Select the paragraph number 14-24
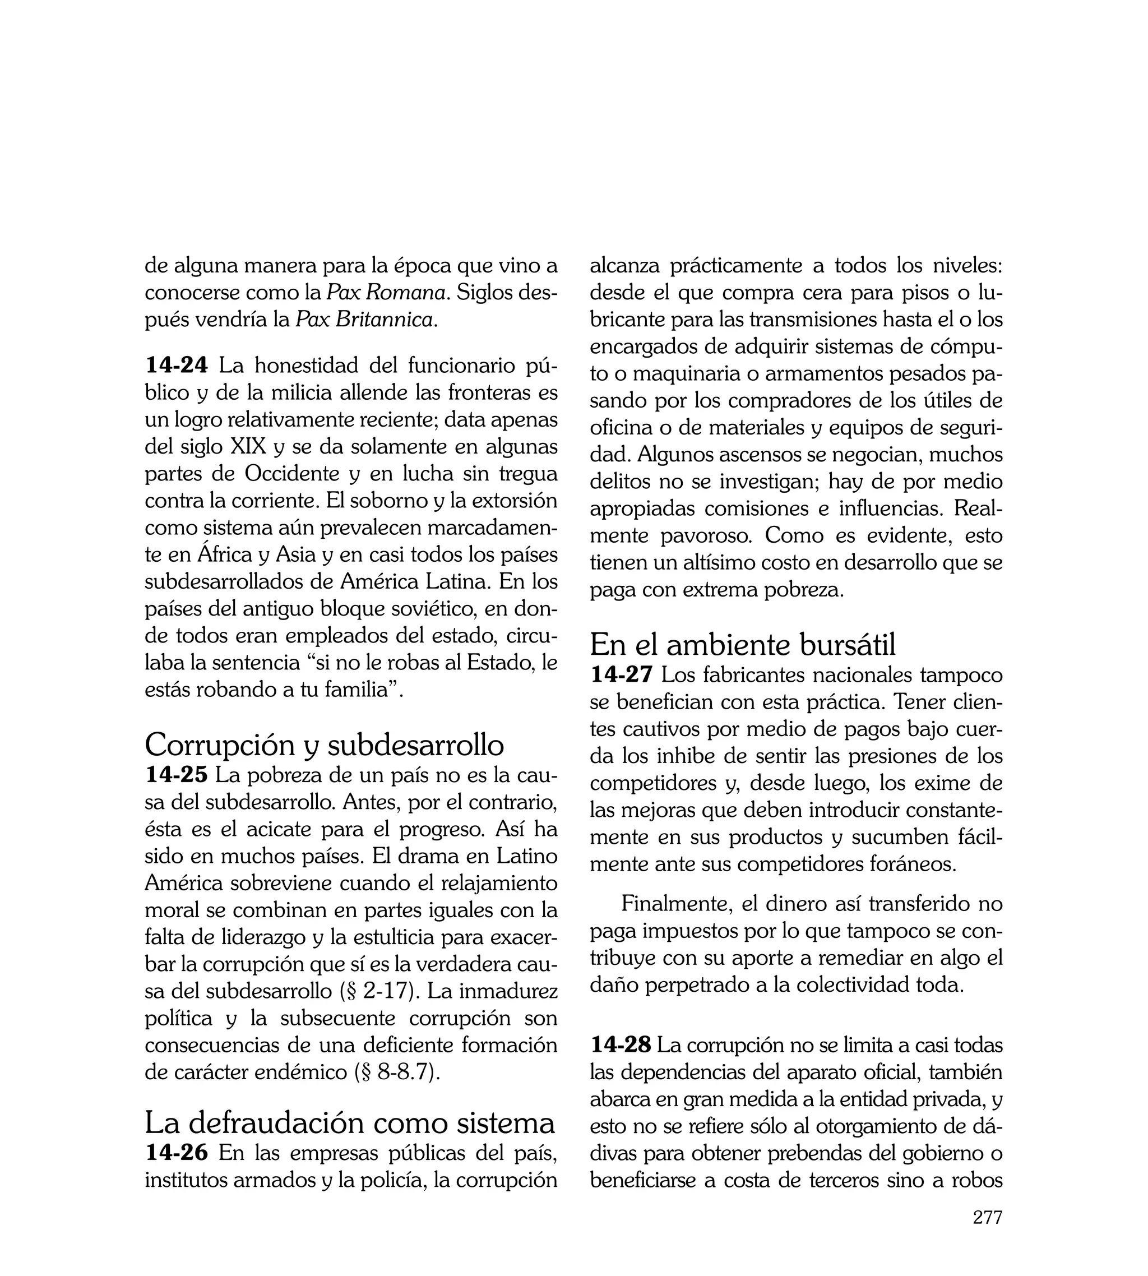[x=176, y=365]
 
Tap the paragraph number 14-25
[x=176, y=775]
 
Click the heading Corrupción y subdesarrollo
[x=324, y=745]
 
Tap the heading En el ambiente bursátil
[x=742, y=645]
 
